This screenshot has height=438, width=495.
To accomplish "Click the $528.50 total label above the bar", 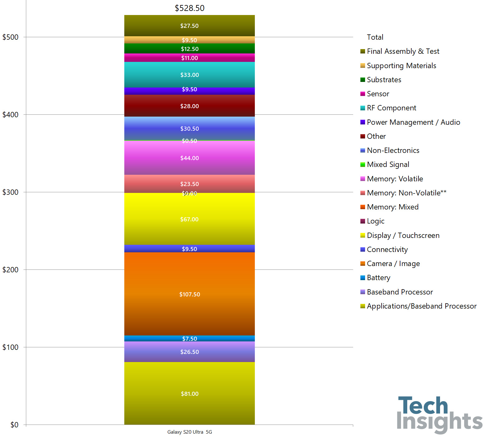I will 189,8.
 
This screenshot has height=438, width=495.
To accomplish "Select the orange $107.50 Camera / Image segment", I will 189,294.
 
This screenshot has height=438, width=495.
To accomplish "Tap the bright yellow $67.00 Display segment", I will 189,219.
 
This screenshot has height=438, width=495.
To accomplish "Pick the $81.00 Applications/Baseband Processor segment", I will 189,393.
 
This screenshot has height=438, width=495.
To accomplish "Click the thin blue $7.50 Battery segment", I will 189,339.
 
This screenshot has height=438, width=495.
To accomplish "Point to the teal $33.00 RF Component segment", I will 189,75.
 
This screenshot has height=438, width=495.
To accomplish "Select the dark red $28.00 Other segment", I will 189,106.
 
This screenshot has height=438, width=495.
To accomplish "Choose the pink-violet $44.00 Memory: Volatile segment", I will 189,158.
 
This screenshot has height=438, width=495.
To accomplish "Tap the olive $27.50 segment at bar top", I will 189,26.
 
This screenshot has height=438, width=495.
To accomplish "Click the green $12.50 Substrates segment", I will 189,49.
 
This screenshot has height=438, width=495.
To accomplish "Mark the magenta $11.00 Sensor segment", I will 189,58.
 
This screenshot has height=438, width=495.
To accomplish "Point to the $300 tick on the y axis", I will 11,192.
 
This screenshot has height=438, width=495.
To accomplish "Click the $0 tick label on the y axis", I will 14,425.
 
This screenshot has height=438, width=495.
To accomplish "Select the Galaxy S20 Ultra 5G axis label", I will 189,432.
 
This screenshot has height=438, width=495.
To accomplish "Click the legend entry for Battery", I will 378,278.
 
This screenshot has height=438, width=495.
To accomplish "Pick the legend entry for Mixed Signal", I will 388,164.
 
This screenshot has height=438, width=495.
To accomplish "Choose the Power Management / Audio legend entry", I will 413,122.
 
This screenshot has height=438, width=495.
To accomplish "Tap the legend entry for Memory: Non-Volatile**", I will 406,193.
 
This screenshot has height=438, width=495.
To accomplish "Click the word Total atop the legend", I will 375,37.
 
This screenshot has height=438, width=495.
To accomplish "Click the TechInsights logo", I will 439,415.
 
